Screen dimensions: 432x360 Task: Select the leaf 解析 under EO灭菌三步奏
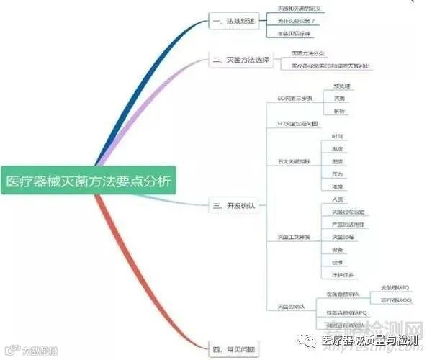[339, 111]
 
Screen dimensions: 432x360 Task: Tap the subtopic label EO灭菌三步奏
[296, 98]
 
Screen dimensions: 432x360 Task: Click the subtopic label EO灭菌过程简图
[297, 124]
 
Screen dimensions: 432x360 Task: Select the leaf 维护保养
[343, 274]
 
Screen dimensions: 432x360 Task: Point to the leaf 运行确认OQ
[396, 300]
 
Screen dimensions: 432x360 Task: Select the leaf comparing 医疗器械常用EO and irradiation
[332, 66]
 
